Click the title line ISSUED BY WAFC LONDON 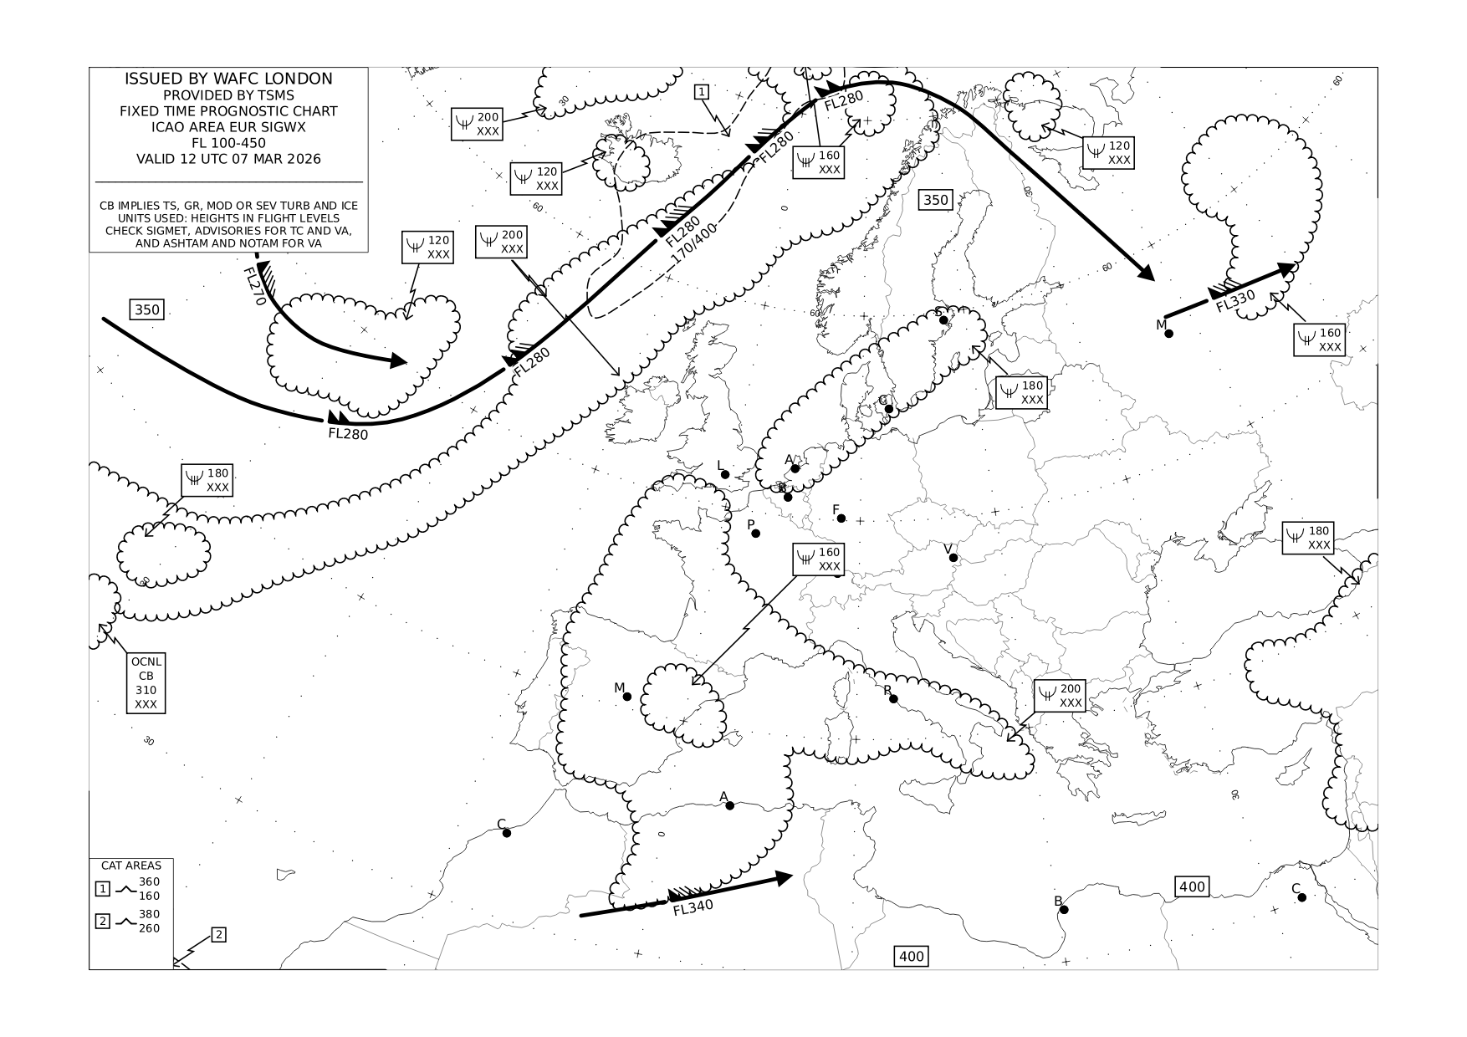[228, 79]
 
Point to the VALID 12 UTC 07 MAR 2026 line [228, 159]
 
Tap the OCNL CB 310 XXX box [146, 682]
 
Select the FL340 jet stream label [693, 907]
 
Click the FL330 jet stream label [1235, 301]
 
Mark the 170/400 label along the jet [694, 243]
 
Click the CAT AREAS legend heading [131, 866]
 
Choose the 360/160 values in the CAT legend [149, 889]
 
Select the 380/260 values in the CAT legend [149, 922]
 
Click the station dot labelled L [725, 475]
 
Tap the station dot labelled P [756, 533]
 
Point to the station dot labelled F [841, 518]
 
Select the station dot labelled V [953, 558]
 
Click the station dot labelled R [893, 699]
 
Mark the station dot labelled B [1064, 910]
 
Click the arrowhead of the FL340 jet [784, 877]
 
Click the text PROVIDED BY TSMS [228, 95]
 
